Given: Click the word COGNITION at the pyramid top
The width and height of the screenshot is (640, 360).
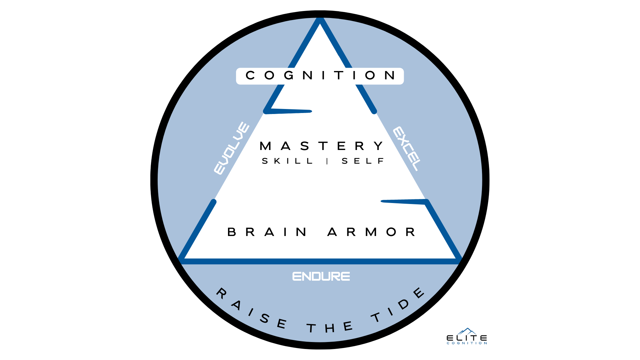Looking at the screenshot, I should click(320, 76).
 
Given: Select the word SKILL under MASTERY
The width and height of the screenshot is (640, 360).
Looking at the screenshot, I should click(287, 161).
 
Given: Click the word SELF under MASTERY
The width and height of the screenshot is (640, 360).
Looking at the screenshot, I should click(363, 161).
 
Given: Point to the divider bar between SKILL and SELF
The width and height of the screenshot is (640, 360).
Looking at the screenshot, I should click(327, 161).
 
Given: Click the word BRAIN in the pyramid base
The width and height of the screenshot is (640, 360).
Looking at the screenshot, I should click(267, 232).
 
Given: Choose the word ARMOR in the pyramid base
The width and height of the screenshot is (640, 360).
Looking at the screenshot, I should click(371, 232).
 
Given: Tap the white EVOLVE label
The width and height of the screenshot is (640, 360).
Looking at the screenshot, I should click(231, 148).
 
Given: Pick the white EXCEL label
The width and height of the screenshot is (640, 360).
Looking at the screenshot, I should click(407, 149).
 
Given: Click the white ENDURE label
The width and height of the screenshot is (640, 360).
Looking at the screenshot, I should click(321, 276).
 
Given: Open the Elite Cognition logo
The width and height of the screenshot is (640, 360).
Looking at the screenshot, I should click(467, 337).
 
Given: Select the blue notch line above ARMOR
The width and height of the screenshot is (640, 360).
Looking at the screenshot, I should click(404, 201).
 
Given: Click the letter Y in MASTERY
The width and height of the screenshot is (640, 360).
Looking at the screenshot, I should click(379, 146).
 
